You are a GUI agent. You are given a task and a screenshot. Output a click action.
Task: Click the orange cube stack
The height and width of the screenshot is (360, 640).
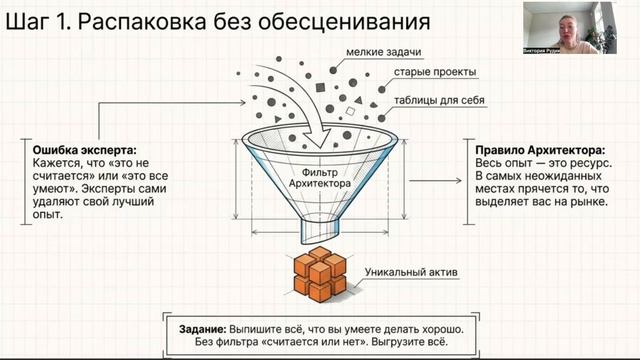(x=319, y=276)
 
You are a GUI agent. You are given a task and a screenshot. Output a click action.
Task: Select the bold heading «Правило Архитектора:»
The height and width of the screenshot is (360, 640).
(x=535, y=149)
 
